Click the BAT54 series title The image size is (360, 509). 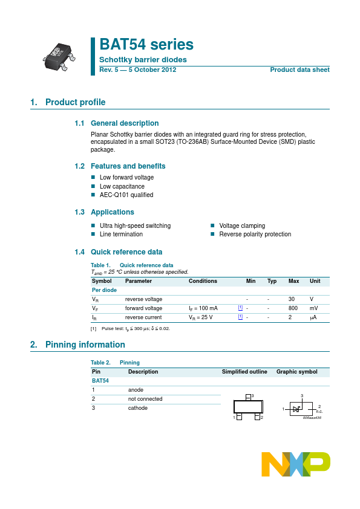pyautogui.click(x=146, y=45)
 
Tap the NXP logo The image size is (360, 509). pyautogui.click(x=296, y=464)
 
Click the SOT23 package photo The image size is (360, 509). pyautogui.click(x=59, y=55)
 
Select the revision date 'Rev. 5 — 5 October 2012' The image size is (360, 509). pyautogui.click(x=138, y=70)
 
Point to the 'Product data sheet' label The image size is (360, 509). pyautogui.click(x=299, y=70)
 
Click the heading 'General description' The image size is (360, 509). pyautogui.click(x=125, y=123)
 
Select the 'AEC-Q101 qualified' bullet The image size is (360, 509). pyautogui.click(x=126, y=195)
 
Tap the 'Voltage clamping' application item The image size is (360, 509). pyautogui.click(x=242, y=225)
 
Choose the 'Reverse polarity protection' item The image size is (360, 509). pyautogui.click(x=255, y=234)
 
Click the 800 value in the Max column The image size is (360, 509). pyautogui.click(x=293, y=308)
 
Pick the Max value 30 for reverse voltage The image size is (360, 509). pyautogui.click(x=292, y=299)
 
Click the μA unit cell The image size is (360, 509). pyautogui.click(x=313, y=317)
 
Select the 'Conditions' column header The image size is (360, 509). pyautogui.click(x=203, y=281)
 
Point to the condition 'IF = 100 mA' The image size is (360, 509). pyautogui.click(x=203, y=308)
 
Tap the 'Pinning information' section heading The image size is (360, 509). pyautogui.click(x=85, y=345)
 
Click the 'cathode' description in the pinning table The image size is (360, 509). pyautogui.click(x=138, y=408)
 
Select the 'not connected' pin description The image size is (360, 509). pyautogui.click(x=145, y=399)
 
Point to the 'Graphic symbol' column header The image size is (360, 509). pyautogui.click(x=296, y=372)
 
